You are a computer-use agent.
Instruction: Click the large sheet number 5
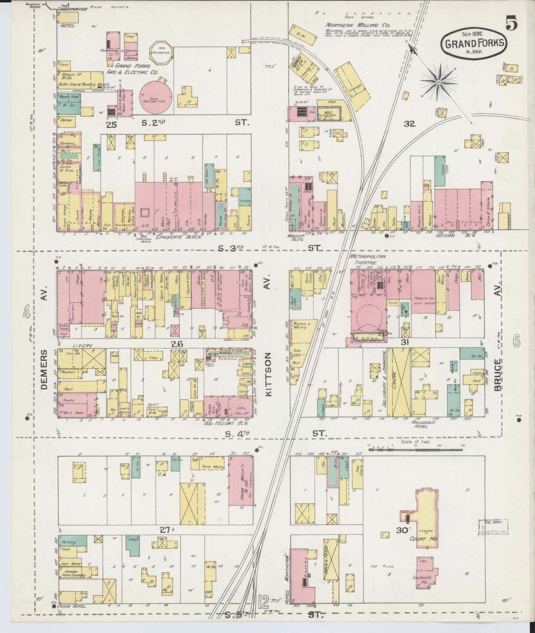[511, 23]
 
